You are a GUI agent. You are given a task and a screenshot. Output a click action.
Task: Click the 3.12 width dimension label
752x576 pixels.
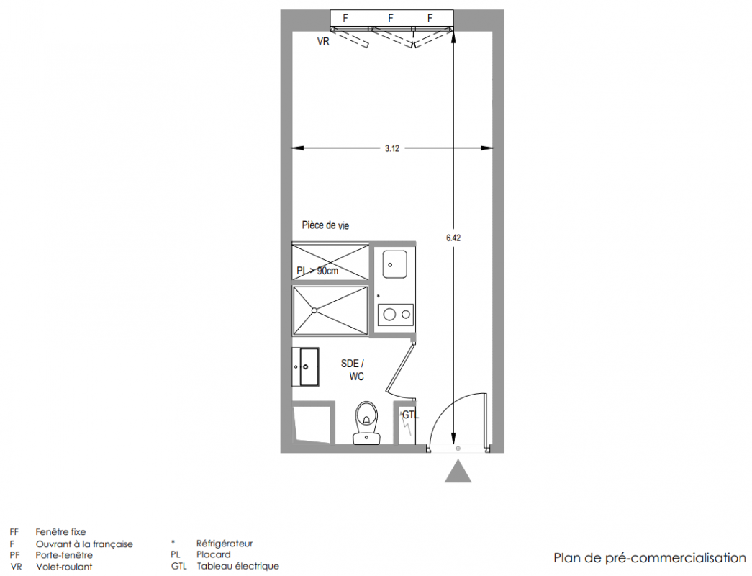[x=391, y=148]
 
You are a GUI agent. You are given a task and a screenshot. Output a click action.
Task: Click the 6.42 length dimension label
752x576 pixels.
[x=453, y=238]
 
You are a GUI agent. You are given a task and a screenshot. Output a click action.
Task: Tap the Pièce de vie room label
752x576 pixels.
[x=326, y=225]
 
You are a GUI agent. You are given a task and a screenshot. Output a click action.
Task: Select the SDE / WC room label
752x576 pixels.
[x=353, y=369]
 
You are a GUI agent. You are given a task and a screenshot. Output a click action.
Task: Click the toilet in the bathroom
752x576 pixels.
[x=366, y=423]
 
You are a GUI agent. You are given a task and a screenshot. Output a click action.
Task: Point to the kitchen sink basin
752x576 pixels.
[x=394, y=264]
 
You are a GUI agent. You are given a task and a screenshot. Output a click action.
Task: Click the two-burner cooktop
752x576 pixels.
[x=396, y=315]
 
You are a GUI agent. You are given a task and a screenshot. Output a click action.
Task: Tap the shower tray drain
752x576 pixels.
[x=314, y=310]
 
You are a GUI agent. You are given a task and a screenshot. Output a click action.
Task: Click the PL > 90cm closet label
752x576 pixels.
[x=317, y=271]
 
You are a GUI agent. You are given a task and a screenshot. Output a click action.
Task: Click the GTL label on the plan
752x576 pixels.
[x=410, y=415]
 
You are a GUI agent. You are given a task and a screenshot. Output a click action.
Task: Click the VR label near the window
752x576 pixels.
[x=323, y=42]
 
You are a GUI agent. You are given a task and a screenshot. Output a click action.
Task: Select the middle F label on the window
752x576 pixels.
[x=391, y=18]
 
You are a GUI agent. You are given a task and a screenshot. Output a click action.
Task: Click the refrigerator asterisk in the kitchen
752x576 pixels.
[x=379, y=296]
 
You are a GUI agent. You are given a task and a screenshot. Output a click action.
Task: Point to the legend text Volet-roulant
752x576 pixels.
[x=64, y=567]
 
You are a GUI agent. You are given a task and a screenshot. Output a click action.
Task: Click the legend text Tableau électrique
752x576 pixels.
[x=238, y=567]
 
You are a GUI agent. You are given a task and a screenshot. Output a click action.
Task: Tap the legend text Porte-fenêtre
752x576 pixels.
[x=64, y=555]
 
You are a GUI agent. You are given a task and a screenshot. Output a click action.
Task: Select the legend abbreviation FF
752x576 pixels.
[x=14, y=532]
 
